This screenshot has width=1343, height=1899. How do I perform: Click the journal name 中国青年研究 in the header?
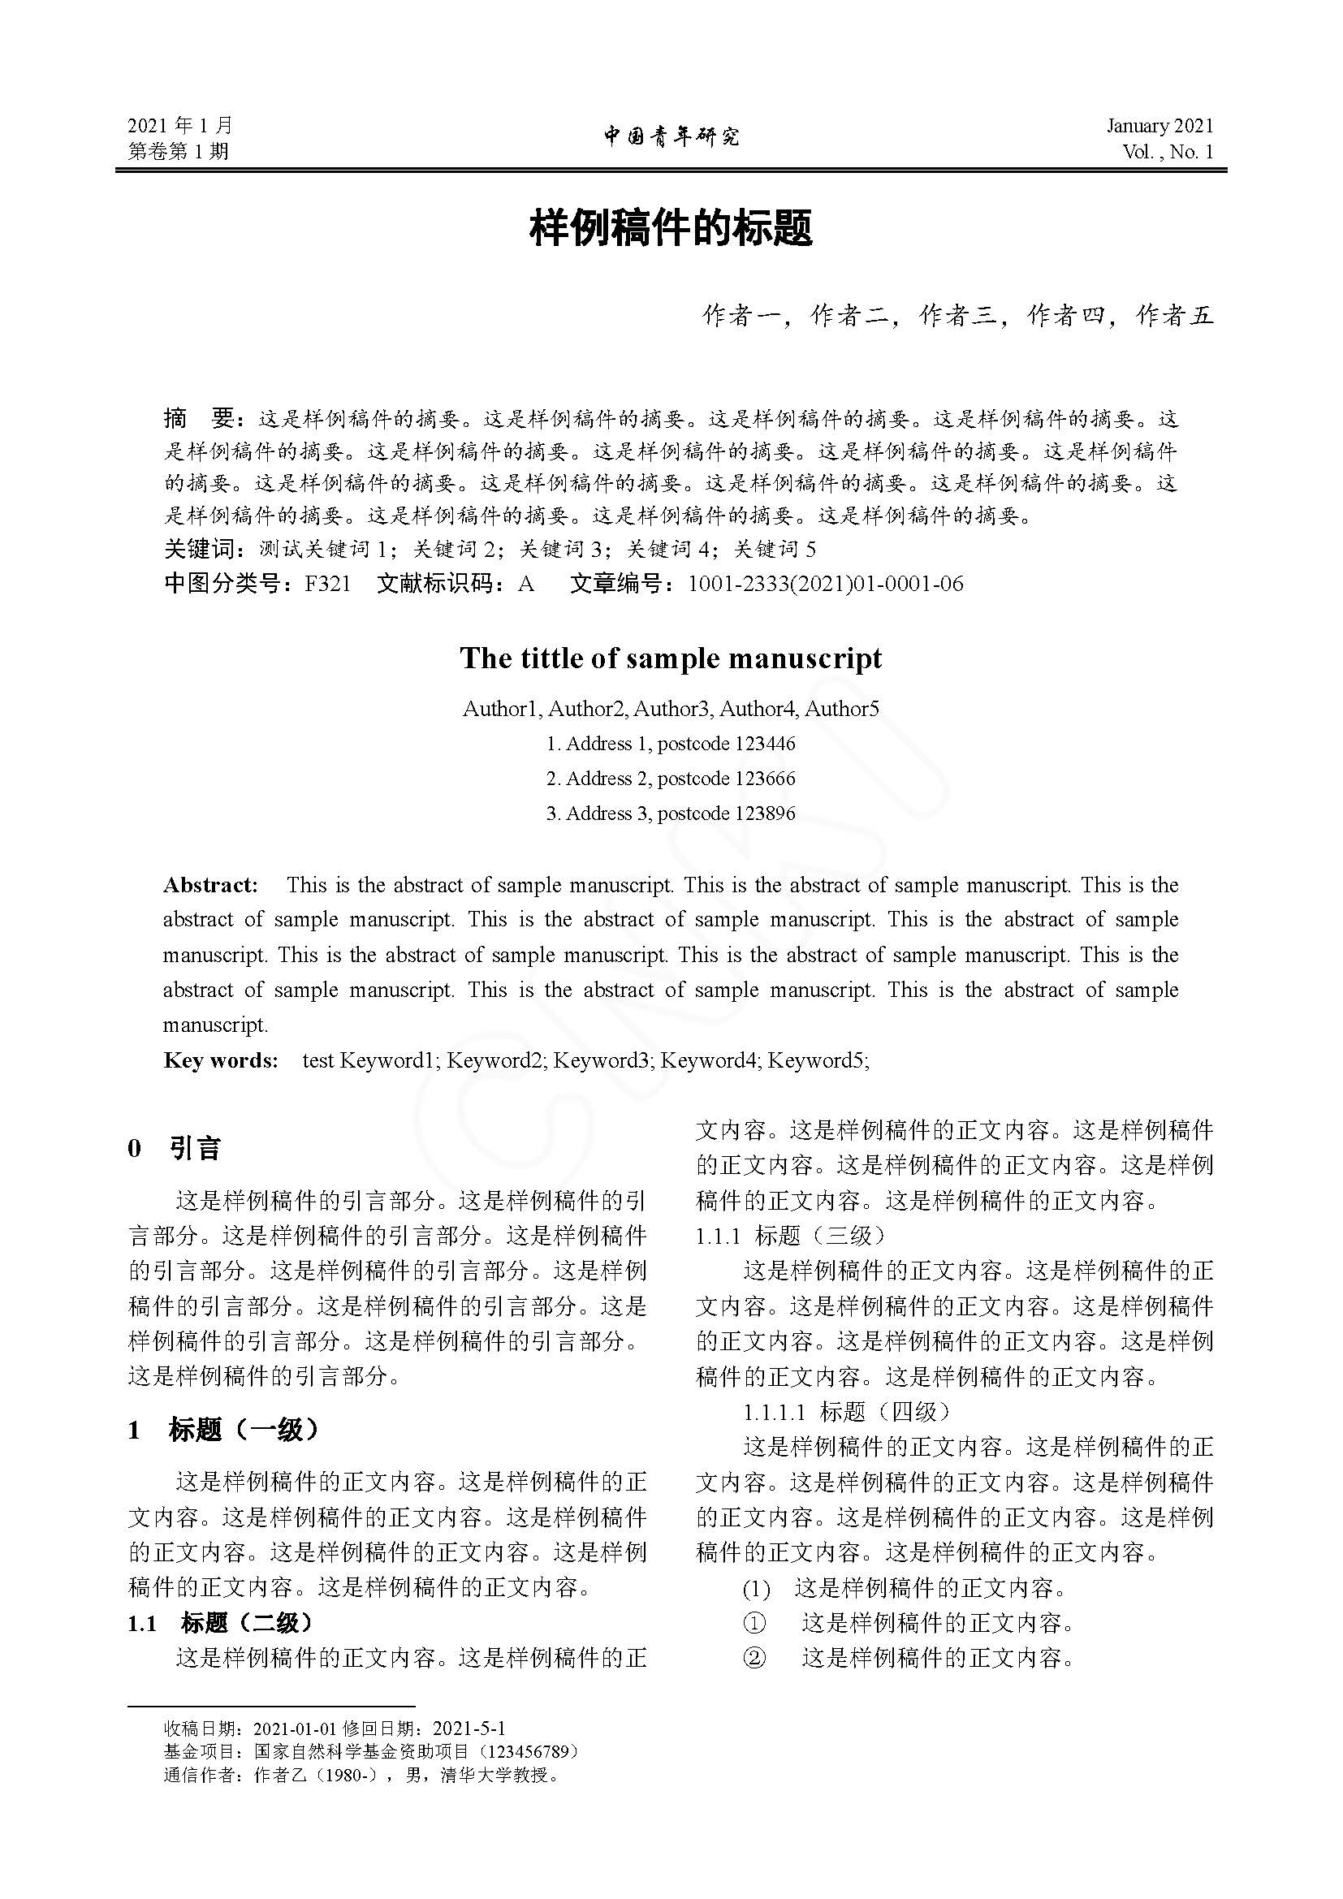coord(671,136)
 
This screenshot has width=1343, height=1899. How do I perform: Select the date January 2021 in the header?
coord(1159,126)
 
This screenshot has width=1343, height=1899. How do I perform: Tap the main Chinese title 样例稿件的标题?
coord(671,228)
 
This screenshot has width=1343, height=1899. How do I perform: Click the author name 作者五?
coord(1174,315)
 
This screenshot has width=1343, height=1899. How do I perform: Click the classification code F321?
coord(327,584)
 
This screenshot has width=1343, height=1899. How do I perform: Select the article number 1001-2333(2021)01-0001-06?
coord(825,584)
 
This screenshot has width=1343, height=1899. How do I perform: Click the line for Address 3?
coord(671,814)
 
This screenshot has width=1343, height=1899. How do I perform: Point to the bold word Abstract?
coord(211,885)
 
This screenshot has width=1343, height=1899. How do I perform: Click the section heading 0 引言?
coord(175,1148)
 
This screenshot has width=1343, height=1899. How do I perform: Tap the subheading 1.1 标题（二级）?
coord(220,1623)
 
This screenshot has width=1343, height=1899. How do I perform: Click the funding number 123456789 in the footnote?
coord(526,1751)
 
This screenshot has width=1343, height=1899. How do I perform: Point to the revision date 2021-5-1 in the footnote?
coord(469,1728)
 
